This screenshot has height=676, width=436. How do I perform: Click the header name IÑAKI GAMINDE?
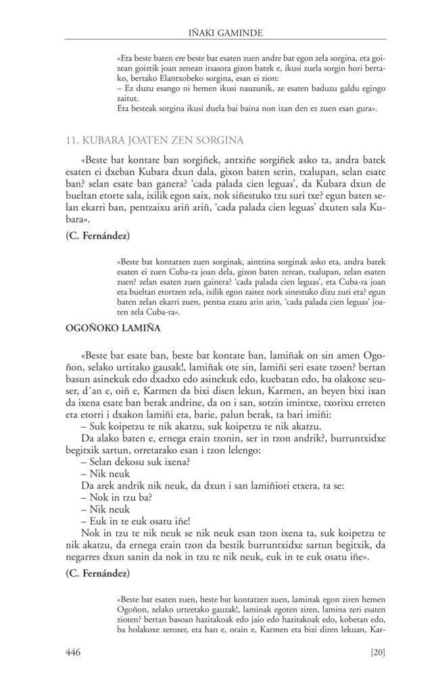click(x=217, y=30)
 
